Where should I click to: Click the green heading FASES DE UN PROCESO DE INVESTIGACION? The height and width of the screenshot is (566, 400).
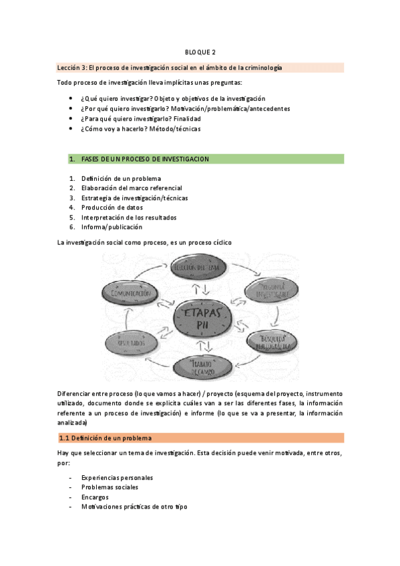tap(145, 159)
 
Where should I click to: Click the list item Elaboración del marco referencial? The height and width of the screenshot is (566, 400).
tap(131, 188)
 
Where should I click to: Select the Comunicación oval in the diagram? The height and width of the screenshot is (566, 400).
tap(132, 293)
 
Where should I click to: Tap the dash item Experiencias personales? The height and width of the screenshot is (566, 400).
tap(117, 478)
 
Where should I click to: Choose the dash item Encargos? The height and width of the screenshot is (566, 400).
tap(95, 497)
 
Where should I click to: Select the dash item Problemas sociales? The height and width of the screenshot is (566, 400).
tap(110, 487)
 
